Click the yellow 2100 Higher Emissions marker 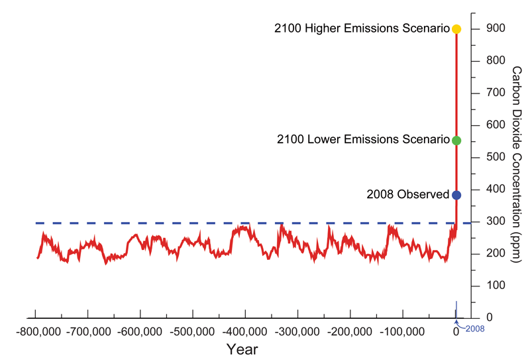point(456,29)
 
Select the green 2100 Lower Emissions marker point(456,141)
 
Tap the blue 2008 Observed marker point(456,195)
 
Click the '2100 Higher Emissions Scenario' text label point(362,29)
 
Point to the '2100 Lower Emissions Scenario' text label point(364,141)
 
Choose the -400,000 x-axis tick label point(245,331)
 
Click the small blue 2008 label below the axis point(474,329)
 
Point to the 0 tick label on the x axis point(456,331)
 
